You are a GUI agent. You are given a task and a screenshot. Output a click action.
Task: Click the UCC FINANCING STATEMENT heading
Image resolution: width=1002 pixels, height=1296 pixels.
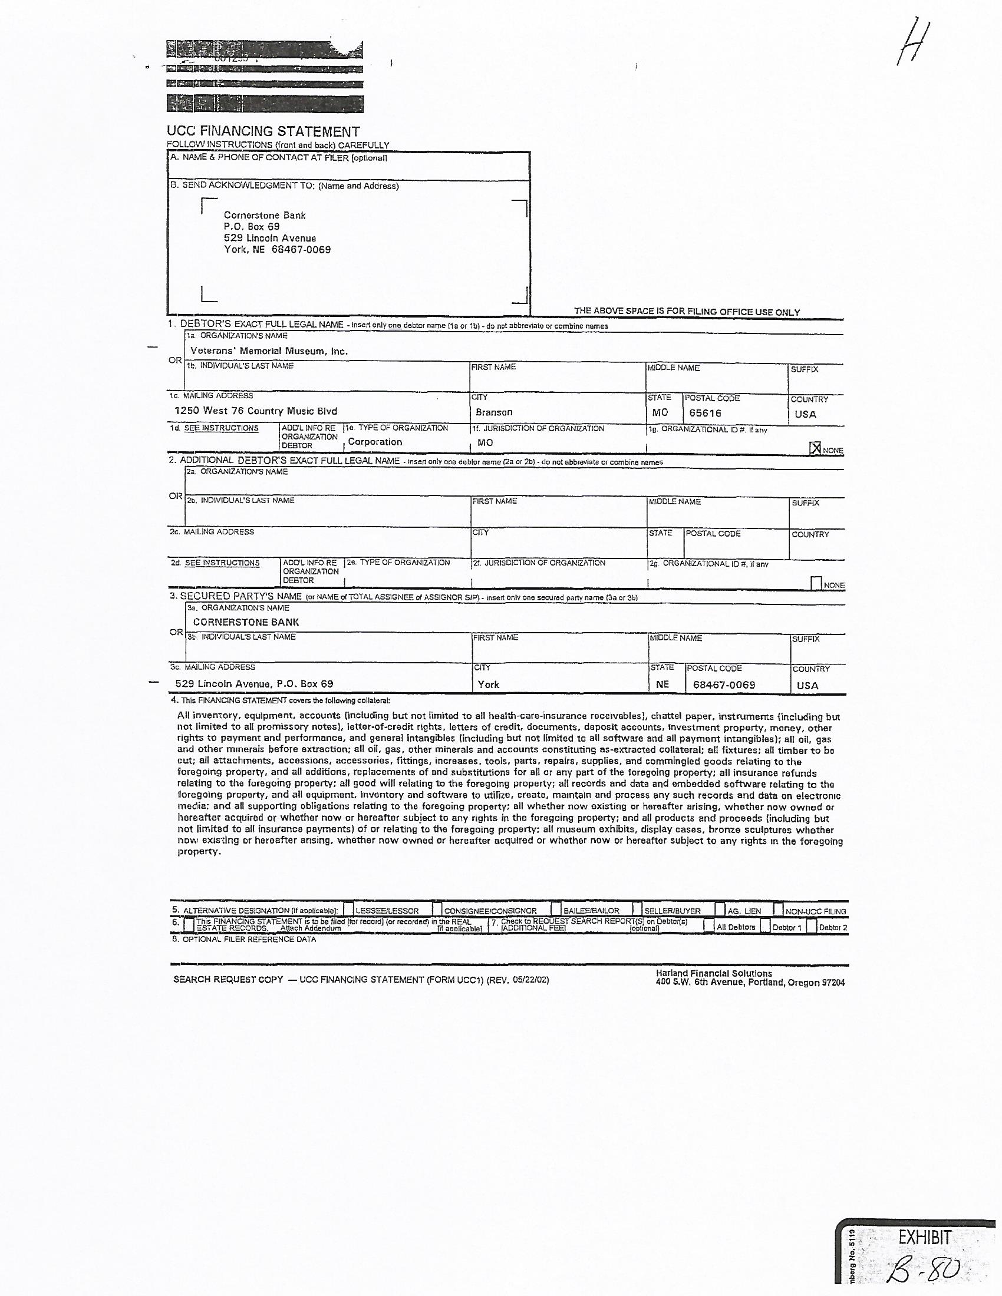click(263, 131)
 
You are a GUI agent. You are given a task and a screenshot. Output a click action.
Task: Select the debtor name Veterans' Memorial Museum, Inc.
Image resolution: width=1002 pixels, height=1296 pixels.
click(269, 351)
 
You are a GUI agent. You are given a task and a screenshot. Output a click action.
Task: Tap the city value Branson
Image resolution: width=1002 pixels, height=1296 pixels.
click(494, 412)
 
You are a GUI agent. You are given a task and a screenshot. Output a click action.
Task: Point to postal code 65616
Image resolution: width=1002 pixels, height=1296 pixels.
click(705, 413)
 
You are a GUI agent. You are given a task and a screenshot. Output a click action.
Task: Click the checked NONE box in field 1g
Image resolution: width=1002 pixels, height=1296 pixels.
click(816, 449)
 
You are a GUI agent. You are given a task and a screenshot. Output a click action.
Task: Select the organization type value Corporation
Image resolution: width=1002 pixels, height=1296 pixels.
click(374, 441)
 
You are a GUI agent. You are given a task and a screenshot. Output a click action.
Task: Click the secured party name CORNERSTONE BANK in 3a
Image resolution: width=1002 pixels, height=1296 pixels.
click(246, 622)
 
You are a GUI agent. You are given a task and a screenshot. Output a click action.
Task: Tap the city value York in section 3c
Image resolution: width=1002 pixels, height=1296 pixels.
click(489, 684)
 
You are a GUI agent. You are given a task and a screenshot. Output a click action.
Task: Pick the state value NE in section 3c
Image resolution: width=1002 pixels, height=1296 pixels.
click(662, 684)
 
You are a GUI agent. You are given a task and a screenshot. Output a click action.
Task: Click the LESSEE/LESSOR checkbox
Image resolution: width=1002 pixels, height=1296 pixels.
click(349, 909)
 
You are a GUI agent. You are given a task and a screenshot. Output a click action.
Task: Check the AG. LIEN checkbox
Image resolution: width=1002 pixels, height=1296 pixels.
click(720, 909)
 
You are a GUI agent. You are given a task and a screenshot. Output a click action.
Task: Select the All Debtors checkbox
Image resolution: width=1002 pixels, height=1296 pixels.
click(708, 925)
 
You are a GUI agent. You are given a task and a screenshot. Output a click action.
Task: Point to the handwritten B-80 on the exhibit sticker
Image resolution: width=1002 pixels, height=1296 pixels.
click(926, 1270)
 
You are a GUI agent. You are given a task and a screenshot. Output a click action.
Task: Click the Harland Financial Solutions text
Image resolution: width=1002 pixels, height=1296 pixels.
click(714, 973)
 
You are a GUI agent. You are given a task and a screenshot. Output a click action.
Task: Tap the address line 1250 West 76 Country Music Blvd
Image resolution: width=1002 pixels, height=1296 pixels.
click(256, 411)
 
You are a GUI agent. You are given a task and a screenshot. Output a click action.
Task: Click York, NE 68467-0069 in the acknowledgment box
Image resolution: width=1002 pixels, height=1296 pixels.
click(276, 249)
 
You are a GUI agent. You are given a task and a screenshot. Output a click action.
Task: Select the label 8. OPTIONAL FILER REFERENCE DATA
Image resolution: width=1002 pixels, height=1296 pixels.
click(243, 940)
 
